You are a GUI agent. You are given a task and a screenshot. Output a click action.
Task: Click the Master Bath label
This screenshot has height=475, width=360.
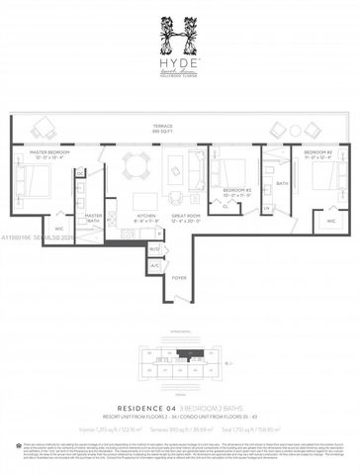[94, 217]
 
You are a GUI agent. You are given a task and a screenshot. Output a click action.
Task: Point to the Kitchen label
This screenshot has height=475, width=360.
[145, 215]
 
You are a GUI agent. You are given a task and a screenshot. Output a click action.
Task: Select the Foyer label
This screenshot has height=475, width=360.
[179, 278]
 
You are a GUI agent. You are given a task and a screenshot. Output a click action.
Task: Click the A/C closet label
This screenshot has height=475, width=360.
[154, 264]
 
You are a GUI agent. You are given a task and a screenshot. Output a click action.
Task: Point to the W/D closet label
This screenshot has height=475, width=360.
[154, 249]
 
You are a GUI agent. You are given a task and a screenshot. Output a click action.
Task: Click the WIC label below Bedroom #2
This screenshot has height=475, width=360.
[330, 221]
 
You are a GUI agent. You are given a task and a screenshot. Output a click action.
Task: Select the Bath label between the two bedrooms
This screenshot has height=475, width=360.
[282, 184]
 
